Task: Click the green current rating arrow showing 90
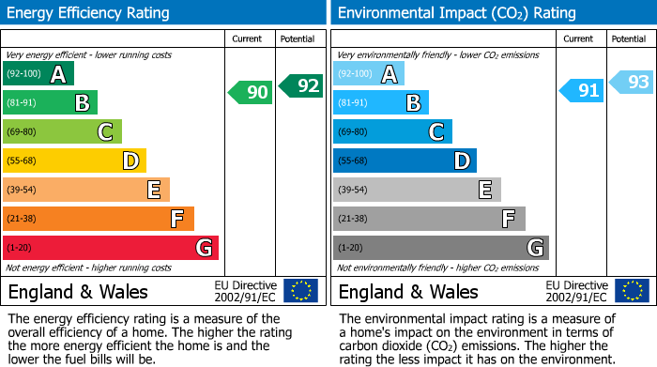[251, 92]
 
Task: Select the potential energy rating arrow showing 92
[301, 84]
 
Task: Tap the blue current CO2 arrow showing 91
[582, 91]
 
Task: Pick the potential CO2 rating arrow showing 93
[632, 83]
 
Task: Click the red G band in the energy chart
[111, 248]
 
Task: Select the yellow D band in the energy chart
[74, 161]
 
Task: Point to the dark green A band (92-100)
[38, 73]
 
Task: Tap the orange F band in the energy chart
[99, 219]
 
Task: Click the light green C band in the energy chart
[62, 131]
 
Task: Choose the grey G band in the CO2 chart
[441, 248]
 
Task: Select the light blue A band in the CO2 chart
[369, 73]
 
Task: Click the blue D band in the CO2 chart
[405, 161]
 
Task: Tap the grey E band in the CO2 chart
[417, 190]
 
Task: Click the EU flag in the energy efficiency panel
[301, 290]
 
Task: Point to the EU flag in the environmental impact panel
[632, 290]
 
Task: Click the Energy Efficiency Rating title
[89, 13]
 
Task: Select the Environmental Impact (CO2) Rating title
[456, 13]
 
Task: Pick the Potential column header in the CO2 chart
[629, 38]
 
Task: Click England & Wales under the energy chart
[78, 291]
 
